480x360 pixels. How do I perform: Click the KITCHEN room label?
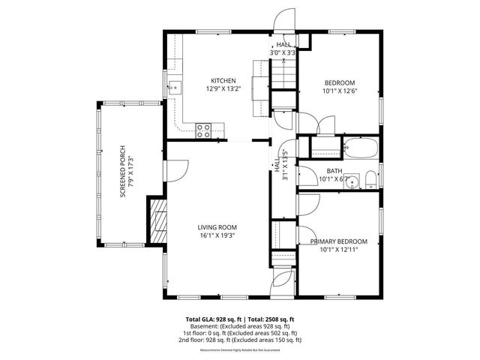[223, 81]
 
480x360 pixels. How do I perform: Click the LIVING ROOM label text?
[217, 227]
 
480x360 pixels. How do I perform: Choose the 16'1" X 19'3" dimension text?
[217, 235]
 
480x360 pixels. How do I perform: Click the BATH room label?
[334, 171]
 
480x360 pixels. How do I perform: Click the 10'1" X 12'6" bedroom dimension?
[339, 91]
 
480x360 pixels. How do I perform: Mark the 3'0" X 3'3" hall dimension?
[283, 53]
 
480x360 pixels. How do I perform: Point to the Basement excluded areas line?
[240, 326]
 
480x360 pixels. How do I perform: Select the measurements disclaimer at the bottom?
[240, 350]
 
